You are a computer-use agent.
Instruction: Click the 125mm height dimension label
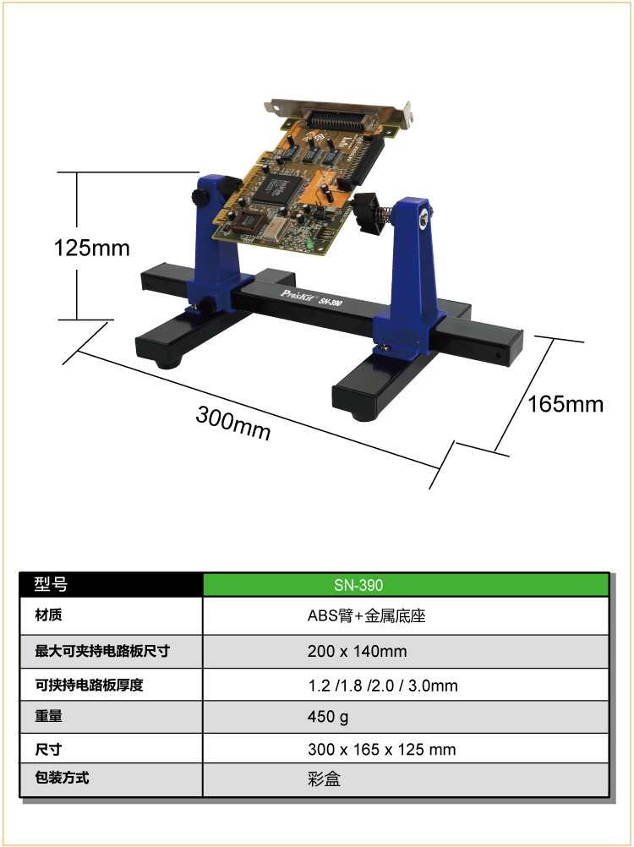pyautogui.click(x=92, y=248)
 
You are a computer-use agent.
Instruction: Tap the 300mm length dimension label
pyautogui.click(x=233, y=423)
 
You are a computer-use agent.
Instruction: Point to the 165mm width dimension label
pyautogui.click(x=566, y=404)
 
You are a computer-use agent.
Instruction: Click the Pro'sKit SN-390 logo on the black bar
pyautogui.click(x=311, y=298)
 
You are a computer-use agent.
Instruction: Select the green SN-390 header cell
pyautogui.click(x=406, y=585)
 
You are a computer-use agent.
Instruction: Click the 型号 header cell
pyautogui.click(x=112, y=584)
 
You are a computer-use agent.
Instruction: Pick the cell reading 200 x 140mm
pyautogui.click(x=357, y=651)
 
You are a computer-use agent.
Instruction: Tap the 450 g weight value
pyautogui.click(x=328, y=717)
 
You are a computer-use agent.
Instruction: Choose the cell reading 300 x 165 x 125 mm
pyautogui.click(x=382, y=749)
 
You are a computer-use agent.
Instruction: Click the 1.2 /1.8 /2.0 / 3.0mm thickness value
pyautogui.click(x=383, y=686)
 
